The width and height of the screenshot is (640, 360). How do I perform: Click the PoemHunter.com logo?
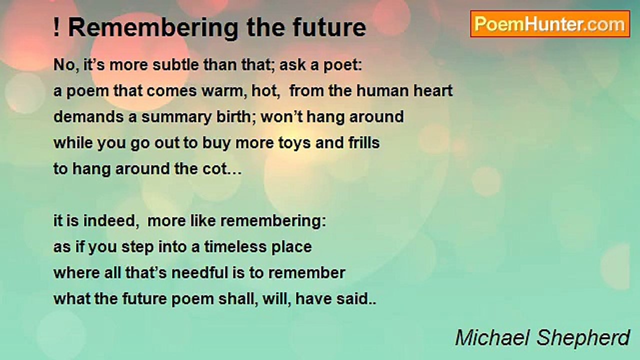550,23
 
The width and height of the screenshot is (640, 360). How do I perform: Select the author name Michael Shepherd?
542,338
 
